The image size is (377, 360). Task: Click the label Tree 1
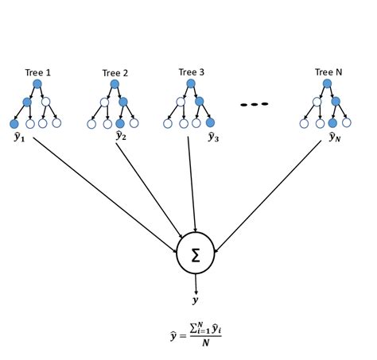point(37,73)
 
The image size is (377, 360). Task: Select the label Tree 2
point(115,73)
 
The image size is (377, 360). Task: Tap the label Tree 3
point(192,72)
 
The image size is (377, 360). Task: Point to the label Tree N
point(328,72)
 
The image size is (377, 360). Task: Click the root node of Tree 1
point(37,83)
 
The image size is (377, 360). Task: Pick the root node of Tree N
point(327,83)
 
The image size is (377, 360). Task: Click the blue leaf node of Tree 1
point(14,123)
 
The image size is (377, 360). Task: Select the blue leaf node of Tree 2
point(119,123)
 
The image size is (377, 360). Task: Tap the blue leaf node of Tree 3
point(210,122)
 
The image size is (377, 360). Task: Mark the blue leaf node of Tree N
point(332,123)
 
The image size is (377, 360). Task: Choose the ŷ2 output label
point(121,136)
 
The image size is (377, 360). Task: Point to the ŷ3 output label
point(213,137)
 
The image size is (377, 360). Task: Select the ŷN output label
point(335,137)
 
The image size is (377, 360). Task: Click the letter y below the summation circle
point(196,300)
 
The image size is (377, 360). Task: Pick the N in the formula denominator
point(204,343)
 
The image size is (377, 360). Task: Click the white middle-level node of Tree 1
point(45,102)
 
